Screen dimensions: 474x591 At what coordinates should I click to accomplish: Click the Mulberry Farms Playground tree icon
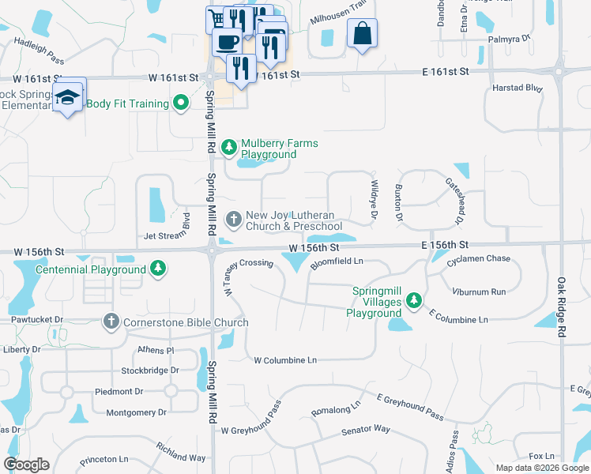[x=229, y=147]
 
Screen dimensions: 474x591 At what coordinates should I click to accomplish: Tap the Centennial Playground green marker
[x=159, y=269]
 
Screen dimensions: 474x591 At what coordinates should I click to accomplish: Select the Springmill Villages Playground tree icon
[x=413, y=301]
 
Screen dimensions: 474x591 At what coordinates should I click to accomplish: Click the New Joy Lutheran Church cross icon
[x=234, y=218]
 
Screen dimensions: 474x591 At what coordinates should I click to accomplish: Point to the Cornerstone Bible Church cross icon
[x=111, y=322]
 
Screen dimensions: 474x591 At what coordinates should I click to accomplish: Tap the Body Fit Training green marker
[x=181, y=103]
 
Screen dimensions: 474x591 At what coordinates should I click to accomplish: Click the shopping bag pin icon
[x=362, y=34]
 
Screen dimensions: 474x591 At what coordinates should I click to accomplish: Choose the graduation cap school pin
[x=69, y=97]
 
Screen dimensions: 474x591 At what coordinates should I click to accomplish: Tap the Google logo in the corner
[x=26, y=465]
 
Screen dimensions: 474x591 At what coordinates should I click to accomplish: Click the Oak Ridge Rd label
[x=562, y=308]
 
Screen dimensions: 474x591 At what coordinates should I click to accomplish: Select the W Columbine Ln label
[x=284, y=360]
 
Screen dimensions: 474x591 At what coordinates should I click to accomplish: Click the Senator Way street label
[x=365, y=430]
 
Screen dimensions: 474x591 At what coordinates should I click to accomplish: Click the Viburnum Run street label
[x=479, y=292]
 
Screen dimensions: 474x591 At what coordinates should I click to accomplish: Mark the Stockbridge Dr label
[x=150, y=370]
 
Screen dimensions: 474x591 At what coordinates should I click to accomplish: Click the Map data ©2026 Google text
[x=542, y=468]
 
